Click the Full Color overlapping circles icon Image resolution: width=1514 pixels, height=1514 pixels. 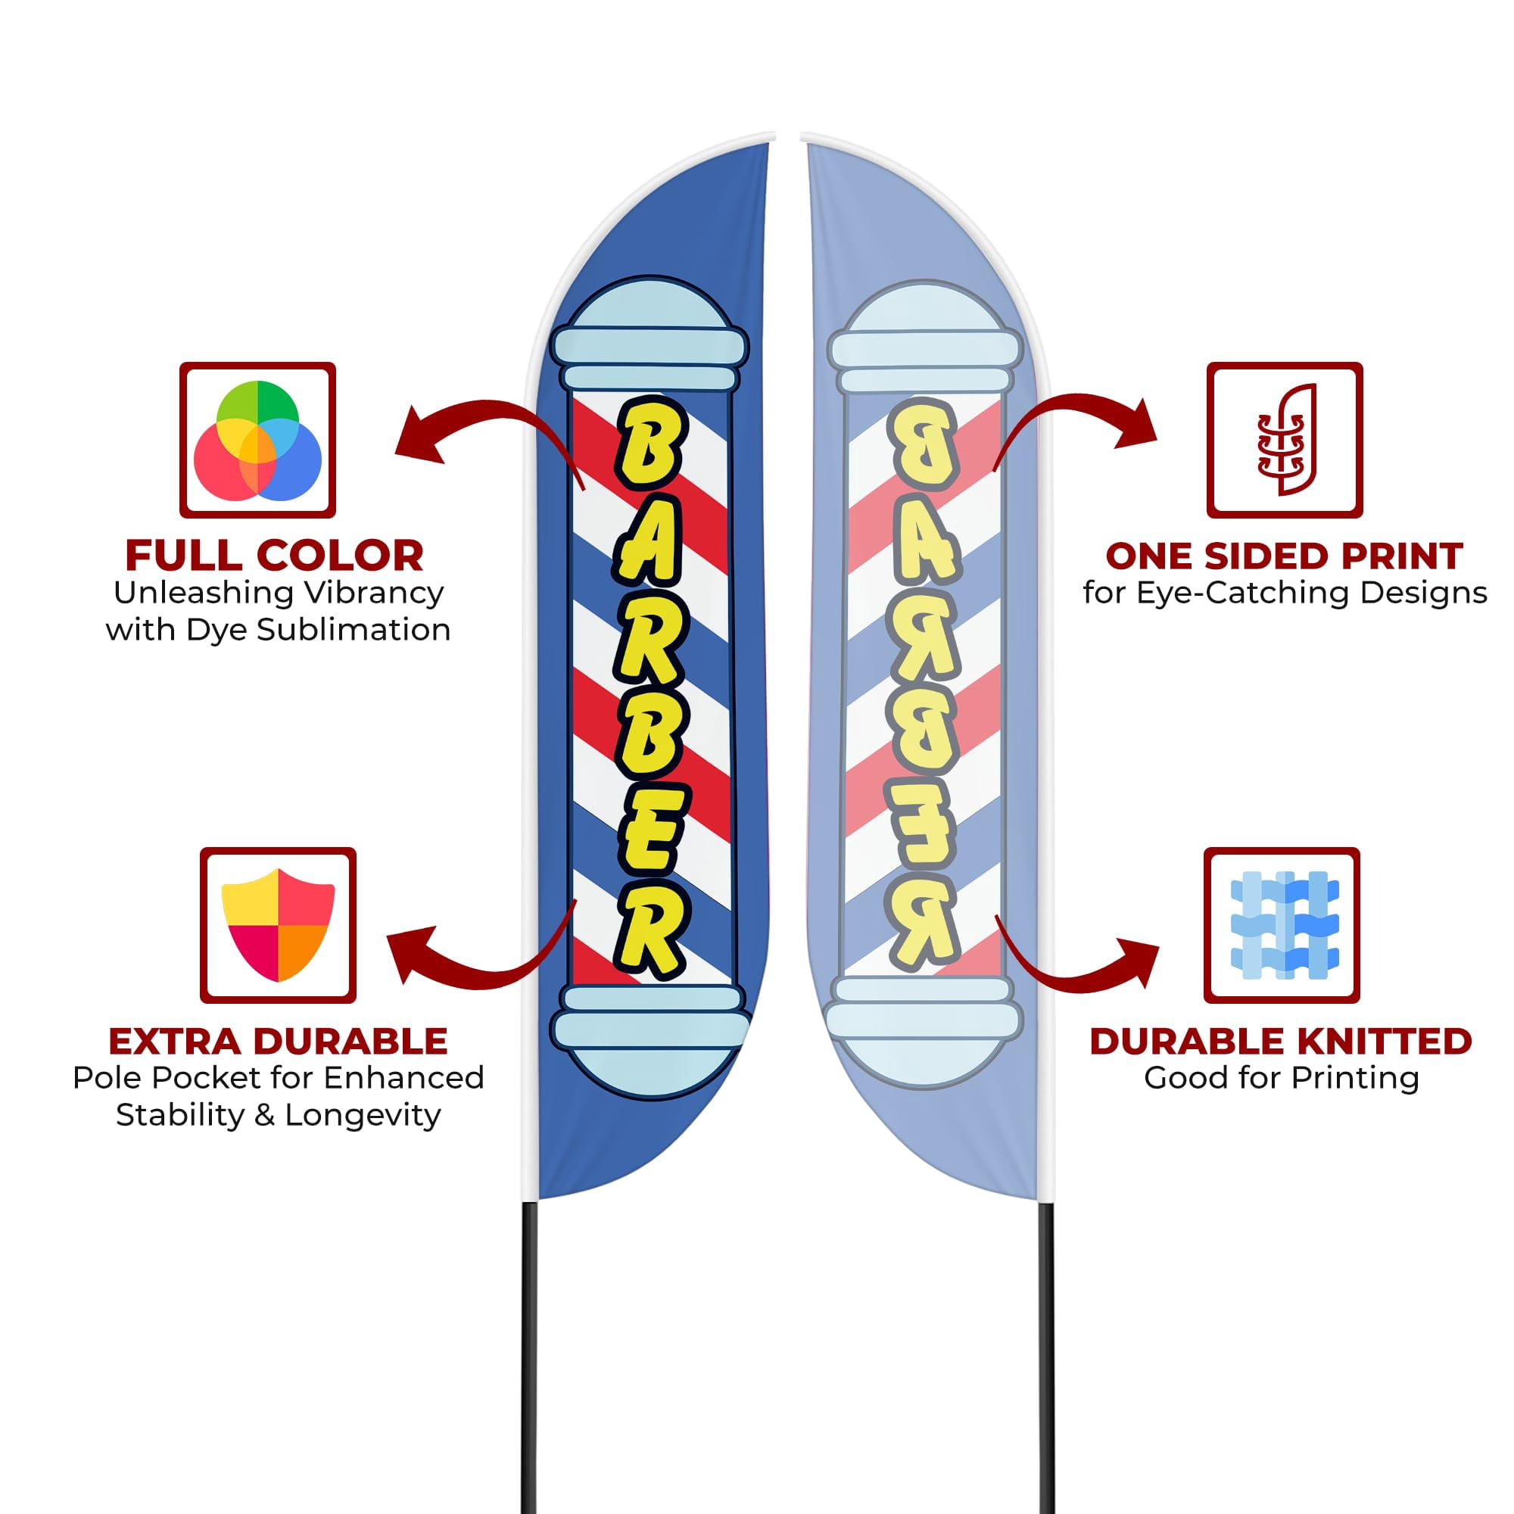[x=257, y=440]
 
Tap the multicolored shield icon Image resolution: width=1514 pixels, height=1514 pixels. [x=278, y=925]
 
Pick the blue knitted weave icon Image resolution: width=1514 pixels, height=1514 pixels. [x=1285, y=925]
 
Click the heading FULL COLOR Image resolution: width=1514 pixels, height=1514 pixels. [x=274, y=556]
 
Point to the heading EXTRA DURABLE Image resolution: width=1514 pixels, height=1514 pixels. [x=278, y=1042]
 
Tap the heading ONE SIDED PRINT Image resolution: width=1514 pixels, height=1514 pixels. [x=1285, y=556]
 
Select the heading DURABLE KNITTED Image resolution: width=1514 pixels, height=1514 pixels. [x=1281, y=1042]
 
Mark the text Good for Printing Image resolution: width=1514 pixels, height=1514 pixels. [x=1282, y=1078]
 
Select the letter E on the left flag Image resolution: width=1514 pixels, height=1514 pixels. [x=650, y=830]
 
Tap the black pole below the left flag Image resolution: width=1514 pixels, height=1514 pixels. [x=530, y=1357]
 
